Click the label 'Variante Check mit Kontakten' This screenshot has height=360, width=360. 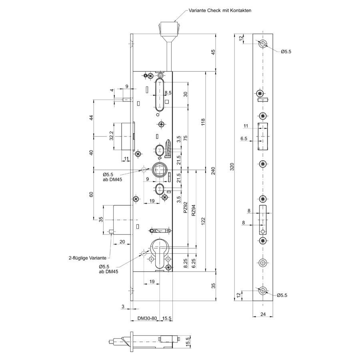tap(220, 10)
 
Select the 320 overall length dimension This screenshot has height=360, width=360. tap(232, 167)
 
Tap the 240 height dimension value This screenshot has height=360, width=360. tap(213, 171)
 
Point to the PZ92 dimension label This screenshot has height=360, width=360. tap(186, 208)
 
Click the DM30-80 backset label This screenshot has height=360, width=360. tap(147, 318)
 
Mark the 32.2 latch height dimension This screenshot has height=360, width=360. tap(111, 136)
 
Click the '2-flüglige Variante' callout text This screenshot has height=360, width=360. tap(88, 258)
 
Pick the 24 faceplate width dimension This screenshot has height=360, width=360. tap(263, 314)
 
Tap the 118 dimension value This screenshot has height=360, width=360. tap(203, 122)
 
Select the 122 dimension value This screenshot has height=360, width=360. tap(203, 221)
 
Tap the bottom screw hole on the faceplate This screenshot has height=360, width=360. tap(262, 291)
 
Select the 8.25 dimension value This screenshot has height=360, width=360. tap(186, 263)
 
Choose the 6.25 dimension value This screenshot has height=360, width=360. tap(193, 263)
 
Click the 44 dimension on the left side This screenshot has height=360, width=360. tap(91, 118)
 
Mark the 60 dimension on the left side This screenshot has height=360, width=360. tap(91, 194)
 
